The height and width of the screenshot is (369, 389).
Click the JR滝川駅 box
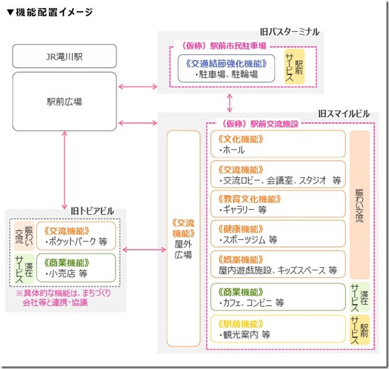(65, 55)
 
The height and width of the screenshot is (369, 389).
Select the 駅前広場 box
(65, 102)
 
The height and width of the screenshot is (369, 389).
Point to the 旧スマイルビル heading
(343, 114)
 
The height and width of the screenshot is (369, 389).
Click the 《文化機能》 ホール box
(277, 144)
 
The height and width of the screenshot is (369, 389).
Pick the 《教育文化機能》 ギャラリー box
(277, 205)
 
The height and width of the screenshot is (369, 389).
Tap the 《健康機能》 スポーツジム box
(277, 234)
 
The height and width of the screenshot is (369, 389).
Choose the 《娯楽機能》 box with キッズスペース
(277, 264)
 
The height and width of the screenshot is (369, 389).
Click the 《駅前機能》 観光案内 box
(277, 329)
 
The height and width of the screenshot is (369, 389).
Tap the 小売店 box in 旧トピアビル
(76, 268)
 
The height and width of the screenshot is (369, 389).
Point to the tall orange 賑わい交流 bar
(359, 205)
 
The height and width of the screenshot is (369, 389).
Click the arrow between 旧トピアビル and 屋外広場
(143, 249)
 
